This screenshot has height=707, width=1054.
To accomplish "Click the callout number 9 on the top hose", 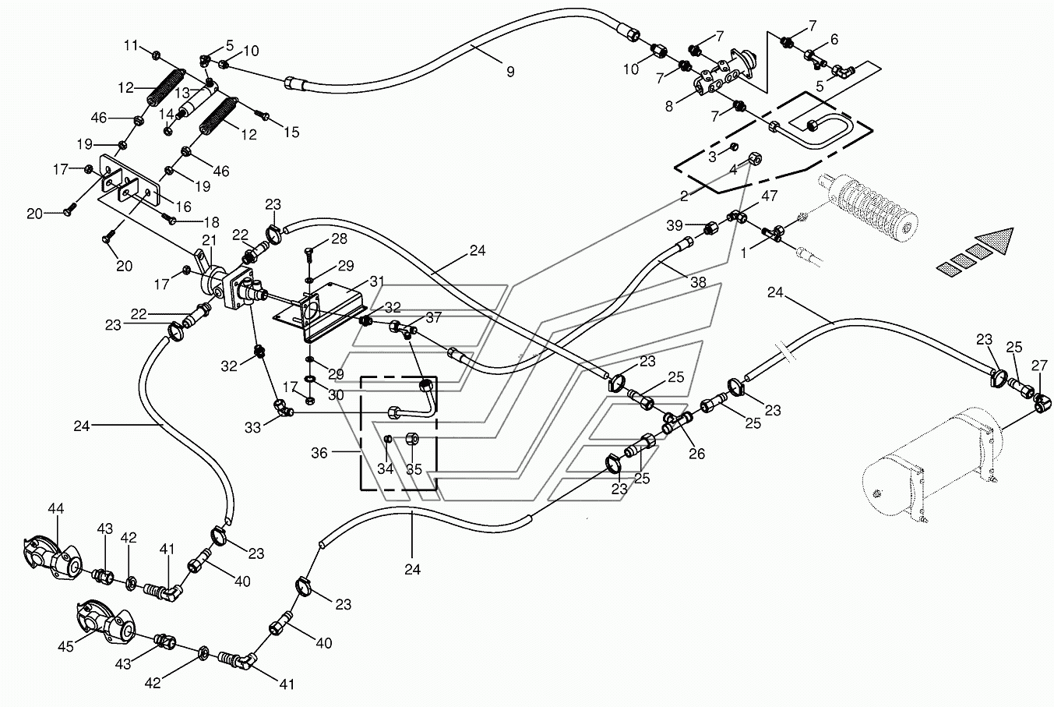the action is tap(510, 72).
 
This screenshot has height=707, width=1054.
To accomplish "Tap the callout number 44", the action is tap(55, 508).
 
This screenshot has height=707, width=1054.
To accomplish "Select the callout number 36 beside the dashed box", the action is tap(319, 453).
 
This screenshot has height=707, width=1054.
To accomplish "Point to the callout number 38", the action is tap(698, 282).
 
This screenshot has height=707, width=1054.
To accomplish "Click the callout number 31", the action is tap(377, 281).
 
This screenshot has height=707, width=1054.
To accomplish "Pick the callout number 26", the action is tap(697, 454).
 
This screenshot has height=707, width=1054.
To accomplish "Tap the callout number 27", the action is tap(1039, 366).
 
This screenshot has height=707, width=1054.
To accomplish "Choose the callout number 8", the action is tap(669, 107).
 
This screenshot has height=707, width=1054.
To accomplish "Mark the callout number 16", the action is tap(184, 207).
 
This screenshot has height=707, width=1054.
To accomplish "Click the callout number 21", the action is tap(209, 241).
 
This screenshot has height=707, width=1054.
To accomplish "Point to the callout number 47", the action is tap(770, 196).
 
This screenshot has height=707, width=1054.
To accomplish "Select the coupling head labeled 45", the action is tap(104, 621).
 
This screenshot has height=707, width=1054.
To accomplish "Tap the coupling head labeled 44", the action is tap(51, 558).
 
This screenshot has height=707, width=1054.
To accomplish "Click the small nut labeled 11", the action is tap(157, 55).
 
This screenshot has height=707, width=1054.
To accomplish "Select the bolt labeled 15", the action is tap(262, 114).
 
